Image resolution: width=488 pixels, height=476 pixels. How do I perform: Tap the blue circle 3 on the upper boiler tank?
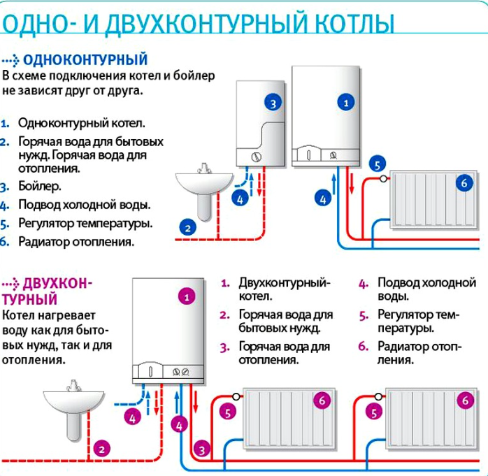click(x=273, y=103)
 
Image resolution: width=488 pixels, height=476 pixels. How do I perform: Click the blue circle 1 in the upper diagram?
click(x=345, y=103)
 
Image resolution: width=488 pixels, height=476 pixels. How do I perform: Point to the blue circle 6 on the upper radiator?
click(x=464, y=183)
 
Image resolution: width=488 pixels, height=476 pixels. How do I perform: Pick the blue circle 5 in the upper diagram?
click(x=377, y=165)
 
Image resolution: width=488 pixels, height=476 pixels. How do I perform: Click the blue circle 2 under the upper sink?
click(x=187, y=226)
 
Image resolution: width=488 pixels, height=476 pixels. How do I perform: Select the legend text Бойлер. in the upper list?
click(x=40, y=187)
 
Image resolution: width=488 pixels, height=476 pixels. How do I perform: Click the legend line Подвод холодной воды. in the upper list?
click(x=84, y=205)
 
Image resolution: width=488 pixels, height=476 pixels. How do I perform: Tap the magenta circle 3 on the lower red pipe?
click(x=203, y=448)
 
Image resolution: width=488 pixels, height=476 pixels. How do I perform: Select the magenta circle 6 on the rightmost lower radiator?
click(x=464, y=401)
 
